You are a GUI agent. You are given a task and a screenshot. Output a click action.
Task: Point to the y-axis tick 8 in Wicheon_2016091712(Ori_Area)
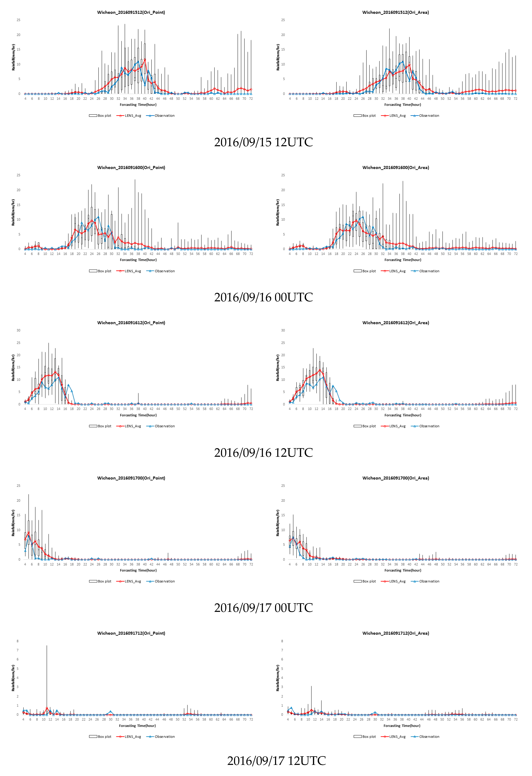coord(282,641)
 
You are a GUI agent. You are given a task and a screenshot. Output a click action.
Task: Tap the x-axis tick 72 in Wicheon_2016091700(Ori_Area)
coord(516,564)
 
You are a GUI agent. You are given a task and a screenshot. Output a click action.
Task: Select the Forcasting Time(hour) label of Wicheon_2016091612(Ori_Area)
coord(403,415)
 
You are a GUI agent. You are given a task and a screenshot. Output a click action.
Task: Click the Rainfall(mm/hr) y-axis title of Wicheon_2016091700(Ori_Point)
coord(13,523)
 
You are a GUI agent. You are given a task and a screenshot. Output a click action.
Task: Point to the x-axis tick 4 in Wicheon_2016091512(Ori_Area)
coord(290,99)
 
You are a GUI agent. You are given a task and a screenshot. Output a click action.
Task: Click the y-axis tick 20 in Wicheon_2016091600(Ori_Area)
coord(283,190)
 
